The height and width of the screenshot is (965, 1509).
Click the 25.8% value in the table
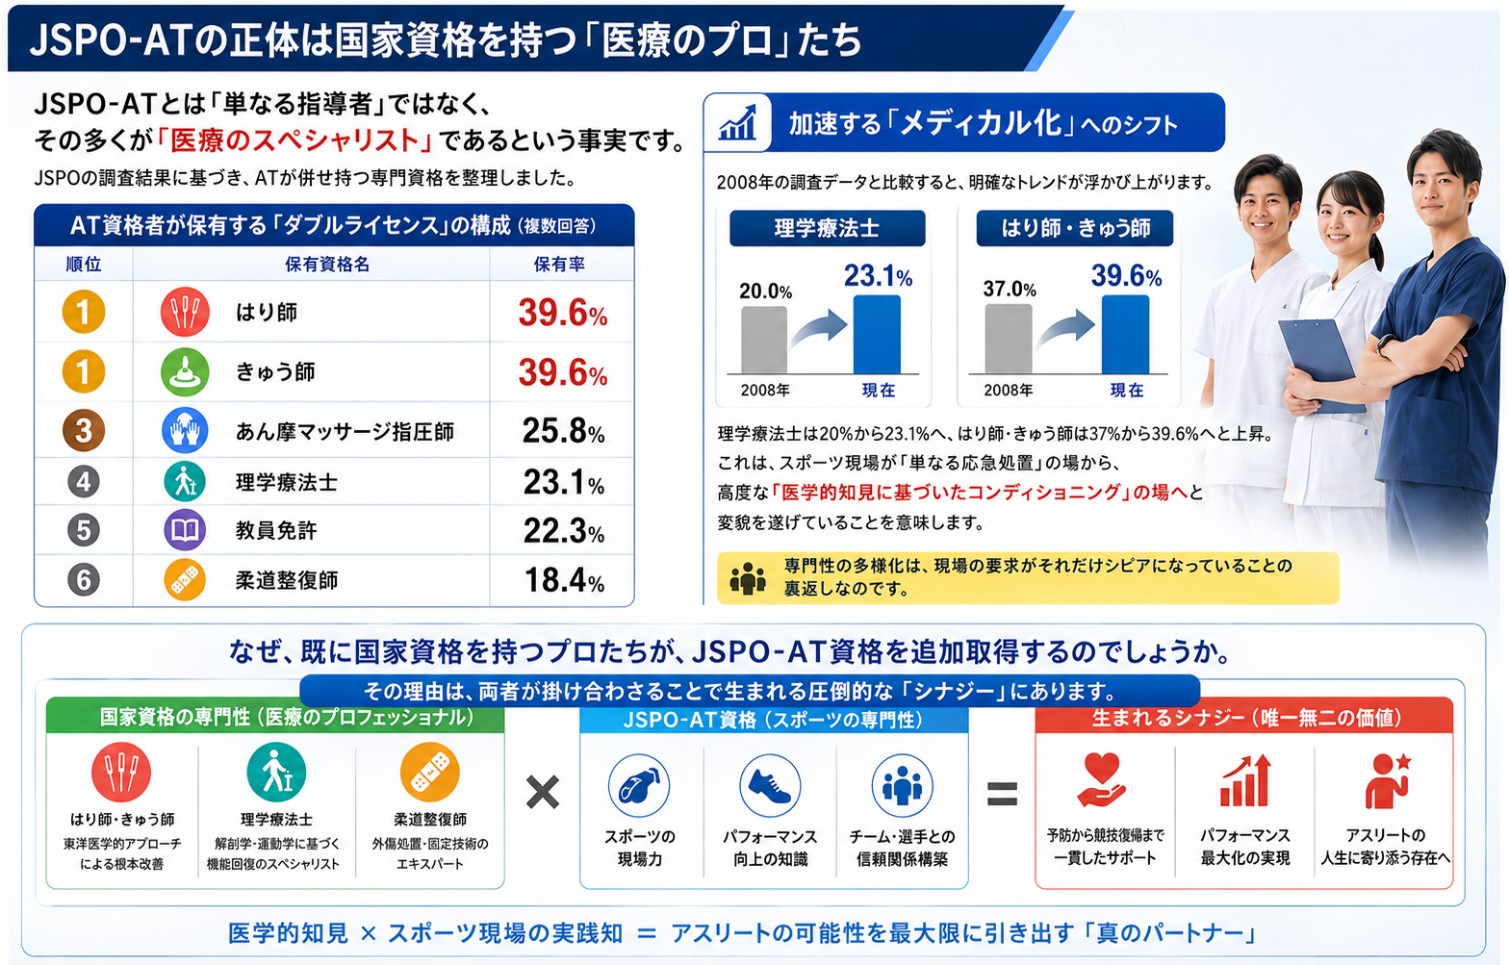[563, 431]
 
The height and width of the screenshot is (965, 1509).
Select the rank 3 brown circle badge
[84, 431]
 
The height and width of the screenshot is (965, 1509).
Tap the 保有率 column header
[559, 264]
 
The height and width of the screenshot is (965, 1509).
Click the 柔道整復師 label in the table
[287, 580]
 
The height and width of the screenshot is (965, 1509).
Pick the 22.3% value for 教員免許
[564, 531]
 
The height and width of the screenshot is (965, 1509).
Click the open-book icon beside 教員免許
[185, 530]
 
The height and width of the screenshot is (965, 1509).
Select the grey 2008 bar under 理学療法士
[764, 340]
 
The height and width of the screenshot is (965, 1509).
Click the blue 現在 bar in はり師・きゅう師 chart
[1125, 334]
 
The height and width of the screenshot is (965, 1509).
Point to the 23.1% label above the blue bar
[878, 276]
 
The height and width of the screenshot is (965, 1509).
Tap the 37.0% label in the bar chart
[1010, 290]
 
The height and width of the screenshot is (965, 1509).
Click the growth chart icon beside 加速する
[737, 122]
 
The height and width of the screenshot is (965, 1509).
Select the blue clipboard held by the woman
[1321, 364]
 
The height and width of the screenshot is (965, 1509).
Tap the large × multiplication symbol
[543, 792]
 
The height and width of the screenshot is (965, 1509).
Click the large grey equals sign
[1002, 794]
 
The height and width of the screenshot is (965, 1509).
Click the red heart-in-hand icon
[1101, 779]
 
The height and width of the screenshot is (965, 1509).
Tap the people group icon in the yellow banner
[748, 578]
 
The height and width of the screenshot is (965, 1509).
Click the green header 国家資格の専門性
[275, 718]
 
